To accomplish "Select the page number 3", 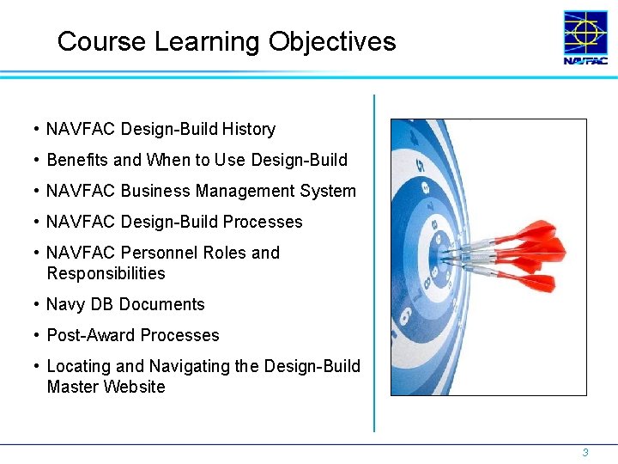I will coord(585,452).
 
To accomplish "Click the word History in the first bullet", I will coord(248,129).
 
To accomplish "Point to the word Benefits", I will coord(77,160).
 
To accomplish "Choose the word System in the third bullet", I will coord(327,191).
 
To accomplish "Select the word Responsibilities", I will coord(106,273).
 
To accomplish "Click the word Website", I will coord(134,387).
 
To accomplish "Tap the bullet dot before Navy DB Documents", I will coord(36,304).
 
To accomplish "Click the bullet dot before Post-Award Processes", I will coord(36,335).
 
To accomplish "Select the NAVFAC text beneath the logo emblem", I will coord(585,61).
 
